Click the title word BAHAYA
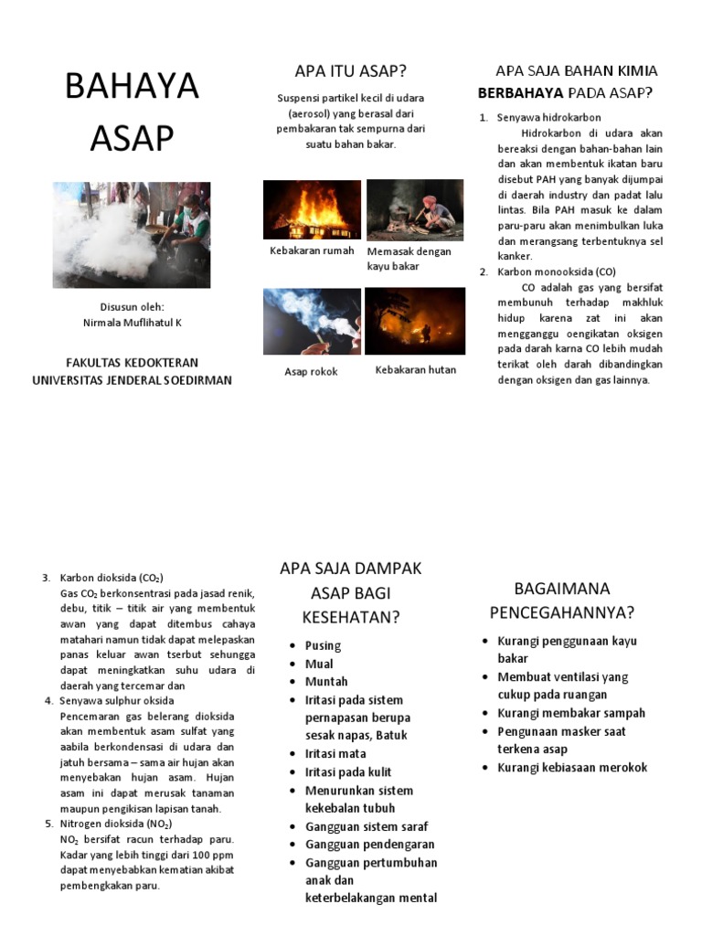point(131,87)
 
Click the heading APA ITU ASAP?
point(350,71)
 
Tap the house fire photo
point(312,209)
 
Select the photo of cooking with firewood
point(414,209)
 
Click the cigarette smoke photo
point(312,321)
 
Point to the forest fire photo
point(414,321)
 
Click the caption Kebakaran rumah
point(312,250)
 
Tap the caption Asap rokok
point(311,372)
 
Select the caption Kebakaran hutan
point(416,370)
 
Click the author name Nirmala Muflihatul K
point(133,323)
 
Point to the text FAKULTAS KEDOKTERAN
point(133,363)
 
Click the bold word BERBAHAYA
point(521,93)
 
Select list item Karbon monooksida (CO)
point(556,271)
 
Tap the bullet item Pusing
point(323,645)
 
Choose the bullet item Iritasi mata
point(335,753)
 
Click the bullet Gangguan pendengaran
point(369,845)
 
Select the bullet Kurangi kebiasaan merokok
point(571,767)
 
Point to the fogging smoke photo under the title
point(131,234)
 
